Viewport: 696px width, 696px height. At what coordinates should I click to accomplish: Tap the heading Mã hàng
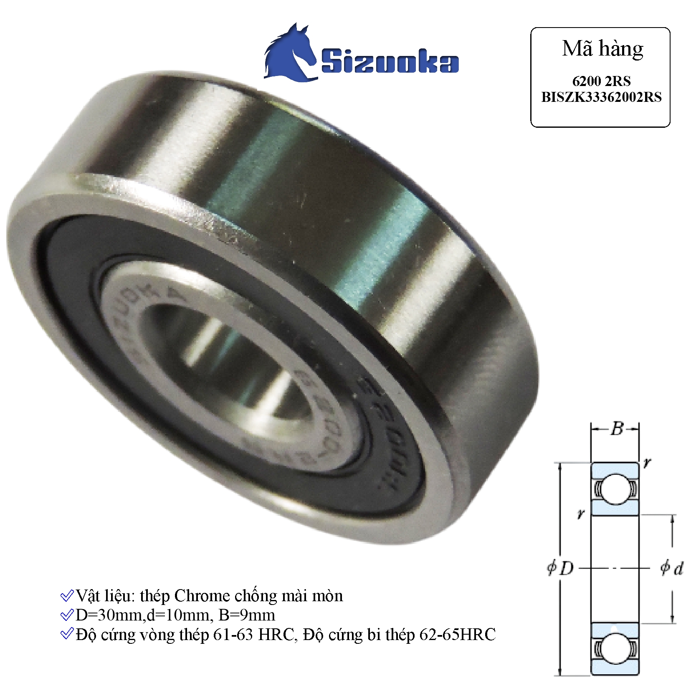point(602,49)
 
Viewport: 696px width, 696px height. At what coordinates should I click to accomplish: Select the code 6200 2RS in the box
point(601,81)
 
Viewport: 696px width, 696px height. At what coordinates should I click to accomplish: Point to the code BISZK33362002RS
point(601,97)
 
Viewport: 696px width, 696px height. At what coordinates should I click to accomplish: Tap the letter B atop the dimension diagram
point(617,428)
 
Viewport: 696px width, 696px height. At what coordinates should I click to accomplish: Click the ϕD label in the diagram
point(561,568)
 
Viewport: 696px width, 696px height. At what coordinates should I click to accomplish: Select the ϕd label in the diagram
point(672,568)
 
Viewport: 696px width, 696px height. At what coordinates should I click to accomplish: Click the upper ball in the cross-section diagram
point(615,488)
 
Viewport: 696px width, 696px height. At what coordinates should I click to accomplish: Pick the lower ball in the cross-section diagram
point(615,648)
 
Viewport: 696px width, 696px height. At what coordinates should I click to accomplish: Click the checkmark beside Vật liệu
point(67,596)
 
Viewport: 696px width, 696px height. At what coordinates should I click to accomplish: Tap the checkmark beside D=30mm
point(67,615)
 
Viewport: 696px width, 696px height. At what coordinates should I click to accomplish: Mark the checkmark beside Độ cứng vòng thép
point(67,634)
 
